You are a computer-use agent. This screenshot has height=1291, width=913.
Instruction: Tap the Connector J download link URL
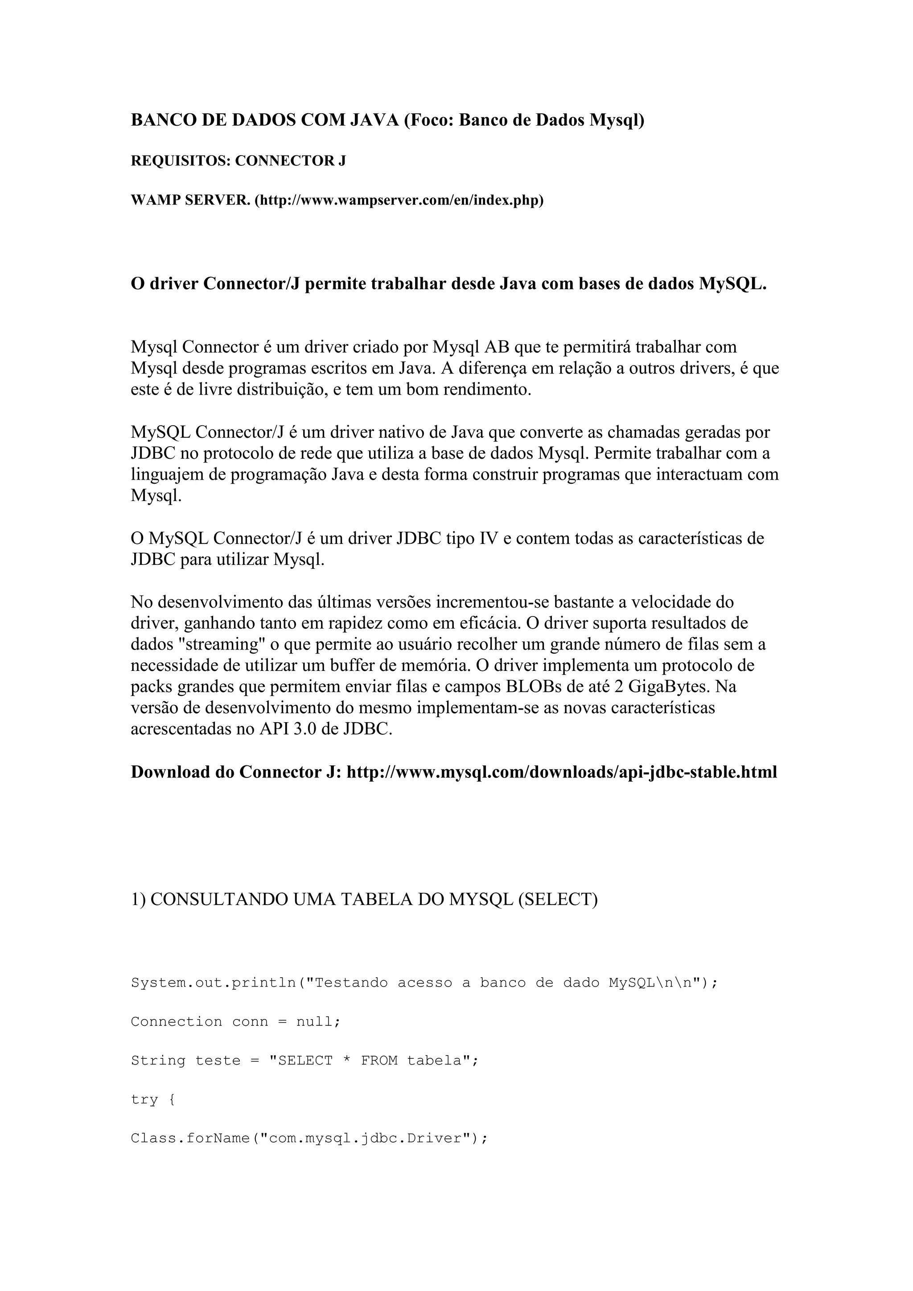pos(562,773)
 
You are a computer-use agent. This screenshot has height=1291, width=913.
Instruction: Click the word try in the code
pos(144,1099)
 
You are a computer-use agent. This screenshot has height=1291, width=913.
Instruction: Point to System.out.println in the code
pos(214,983)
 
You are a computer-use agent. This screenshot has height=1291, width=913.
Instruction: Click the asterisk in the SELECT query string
pos(346,1061)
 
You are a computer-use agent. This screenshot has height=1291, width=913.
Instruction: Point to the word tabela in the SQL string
pos(435,1061)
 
